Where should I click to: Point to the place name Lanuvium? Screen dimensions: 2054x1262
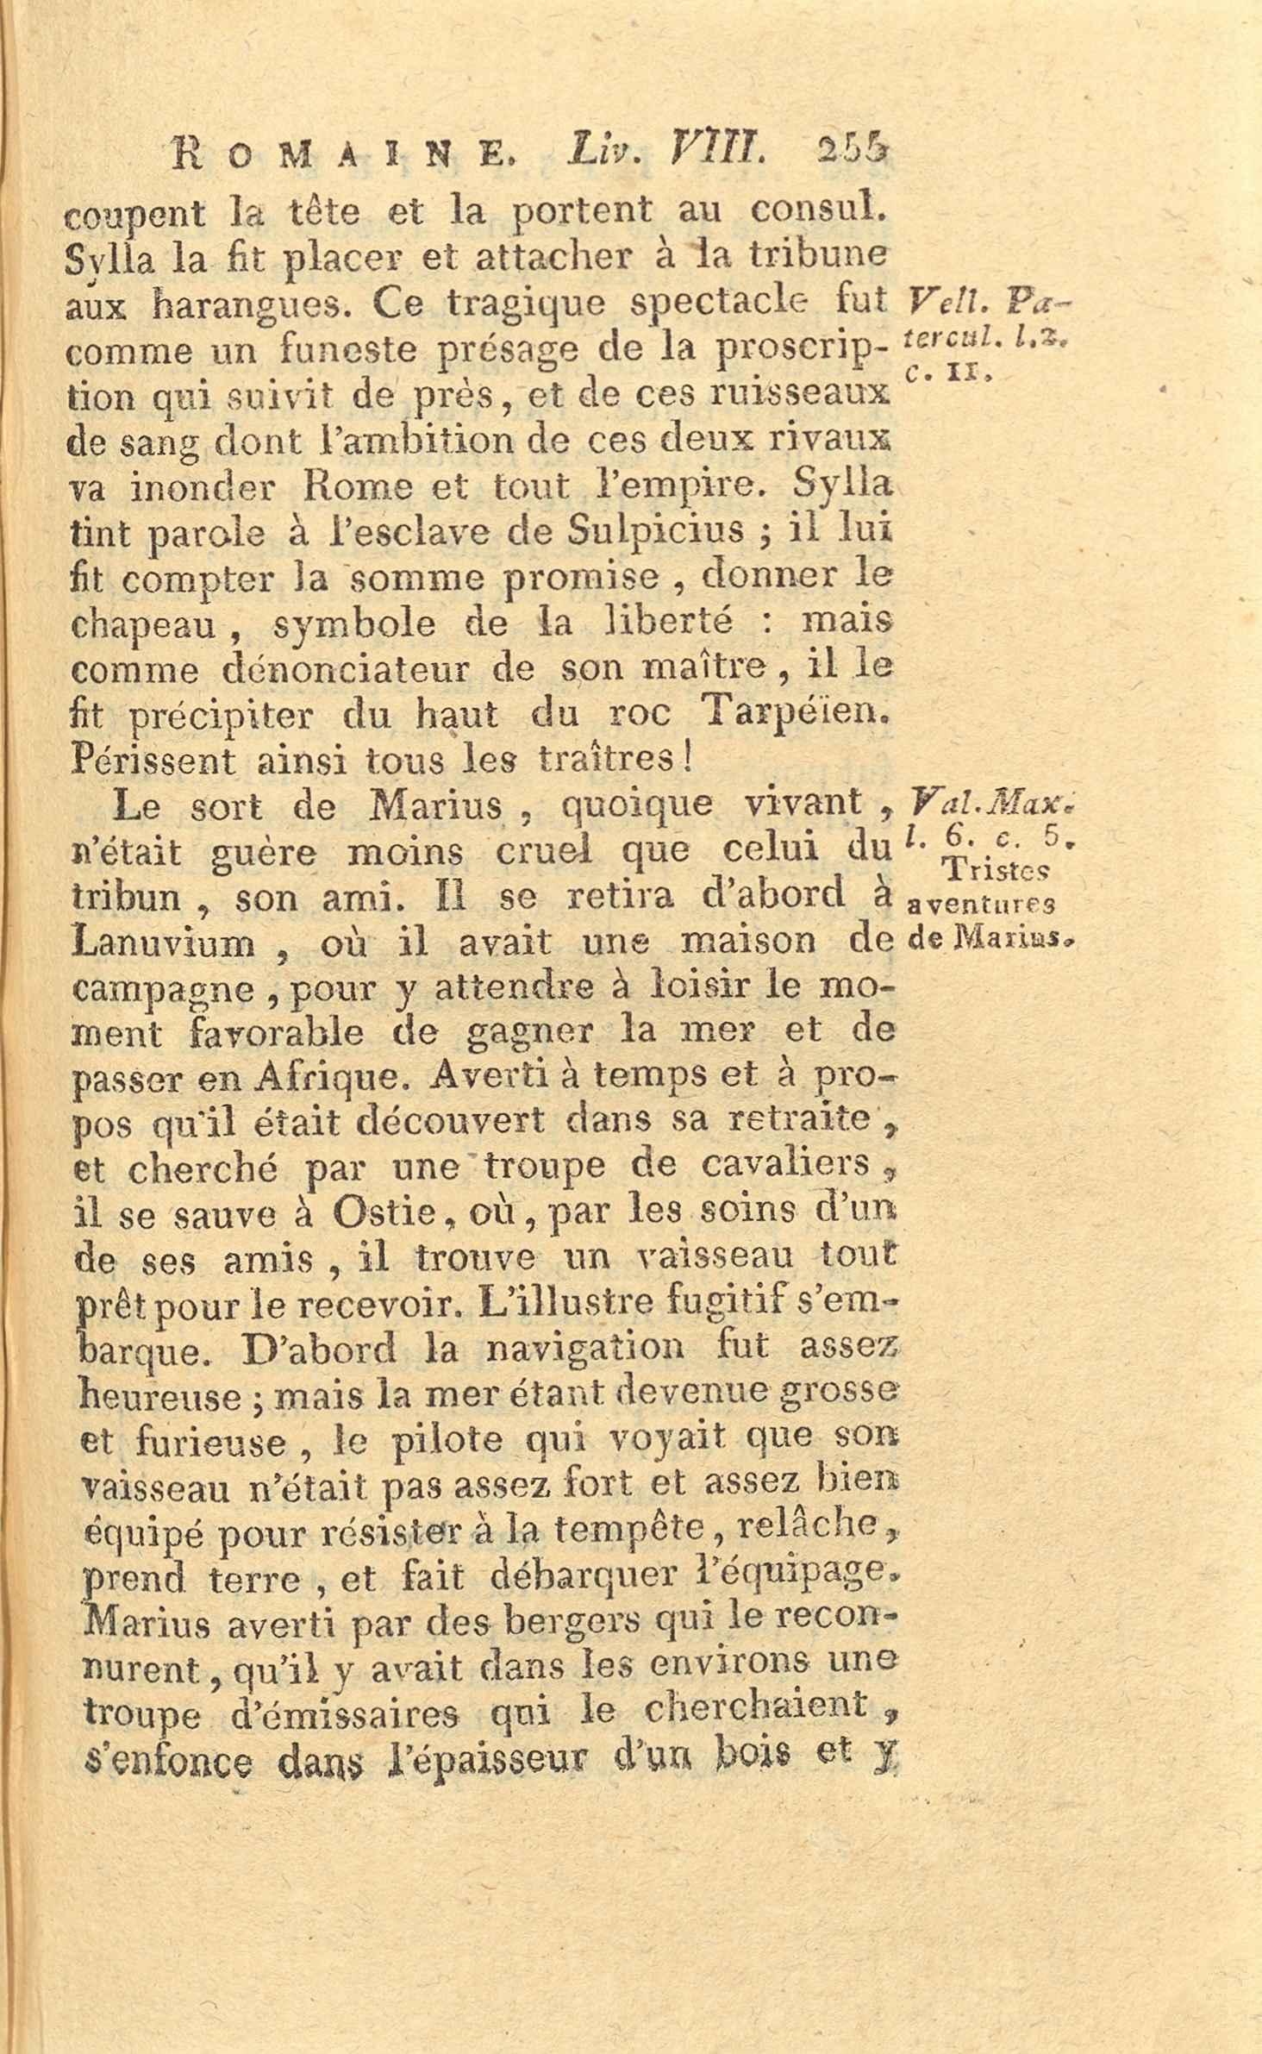click(165, 942)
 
